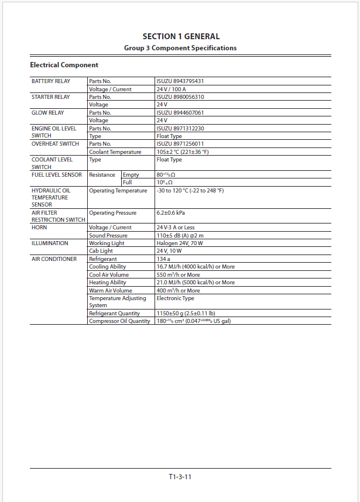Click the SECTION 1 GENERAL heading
(x=180, y=36)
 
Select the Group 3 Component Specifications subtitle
(x=180, y=48)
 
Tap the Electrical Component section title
(x=64, y=65)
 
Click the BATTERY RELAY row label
(x=51, y=81)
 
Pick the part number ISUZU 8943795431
(x=180, y=81)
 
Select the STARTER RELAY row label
(x=51, y=97)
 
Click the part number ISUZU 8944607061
(x=180, y=113)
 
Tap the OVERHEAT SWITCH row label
(x=55, y=144)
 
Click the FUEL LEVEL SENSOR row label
(x=57, y=175)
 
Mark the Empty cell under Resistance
(x=131, y=175)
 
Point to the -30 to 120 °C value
(x=190, y=191)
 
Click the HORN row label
(x=39, y=228)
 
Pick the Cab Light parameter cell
(x=101, y=251)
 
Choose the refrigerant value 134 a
(x=163, y=259)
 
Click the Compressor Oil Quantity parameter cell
(x=119, y=321)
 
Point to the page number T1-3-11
(x=180, y=477)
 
